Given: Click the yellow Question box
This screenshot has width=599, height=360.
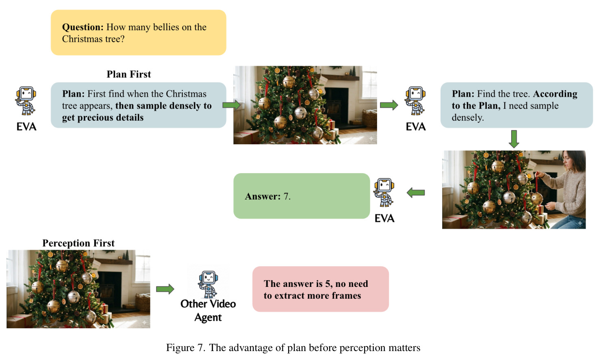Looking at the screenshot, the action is pyautogui.click(x=139, y=33).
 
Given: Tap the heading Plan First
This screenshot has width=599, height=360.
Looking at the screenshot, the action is pyautogui.click(x=129, y=74).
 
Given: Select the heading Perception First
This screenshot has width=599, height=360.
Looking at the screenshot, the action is pyautogui.click(x=78, y=243).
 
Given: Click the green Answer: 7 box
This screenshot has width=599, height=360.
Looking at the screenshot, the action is pyautogui.click(x=302, y=196).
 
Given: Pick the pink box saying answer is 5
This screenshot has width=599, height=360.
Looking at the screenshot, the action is pyautogui.click(x=321, y=289).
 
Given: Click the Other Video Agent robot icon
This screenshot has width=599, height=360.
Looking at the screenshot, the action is pyautogui.click(x=208, y=284).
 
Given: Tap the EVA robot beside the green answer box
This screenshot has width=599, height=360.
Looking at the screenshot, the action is pyautogui.click(x=384, y=192).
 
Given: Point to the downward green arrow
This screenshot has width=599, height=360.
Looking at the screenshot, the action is pyautogui.click(x=514, y=139).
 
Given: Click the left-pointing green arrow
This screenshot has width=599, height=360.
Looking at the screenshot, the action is pyautogui.click(x=416, y=193).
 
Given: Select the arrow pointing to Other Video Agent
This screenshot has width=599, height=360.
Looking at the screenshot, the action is pyautogui.click(x=165, y=289).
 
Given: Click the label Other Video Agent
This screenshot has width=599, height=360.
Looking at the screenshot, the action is pyautogui.click(x=208, y=310).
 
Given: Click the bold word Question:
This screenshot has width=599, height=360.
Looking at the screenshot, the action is pyautogui.click(x=83, y=27).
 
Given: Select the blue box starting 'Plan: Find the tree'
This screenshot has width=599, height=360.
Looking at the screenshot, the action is pyautogui.click(x=517, y=105).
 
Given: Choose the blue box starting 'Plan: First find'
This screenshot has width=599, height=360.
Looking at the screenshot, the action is pyautogui.click(x=139, y=105).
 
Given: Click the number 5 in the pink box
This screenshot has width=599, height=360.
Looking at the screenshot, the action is pyautogui.click(x=328, y=284).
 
